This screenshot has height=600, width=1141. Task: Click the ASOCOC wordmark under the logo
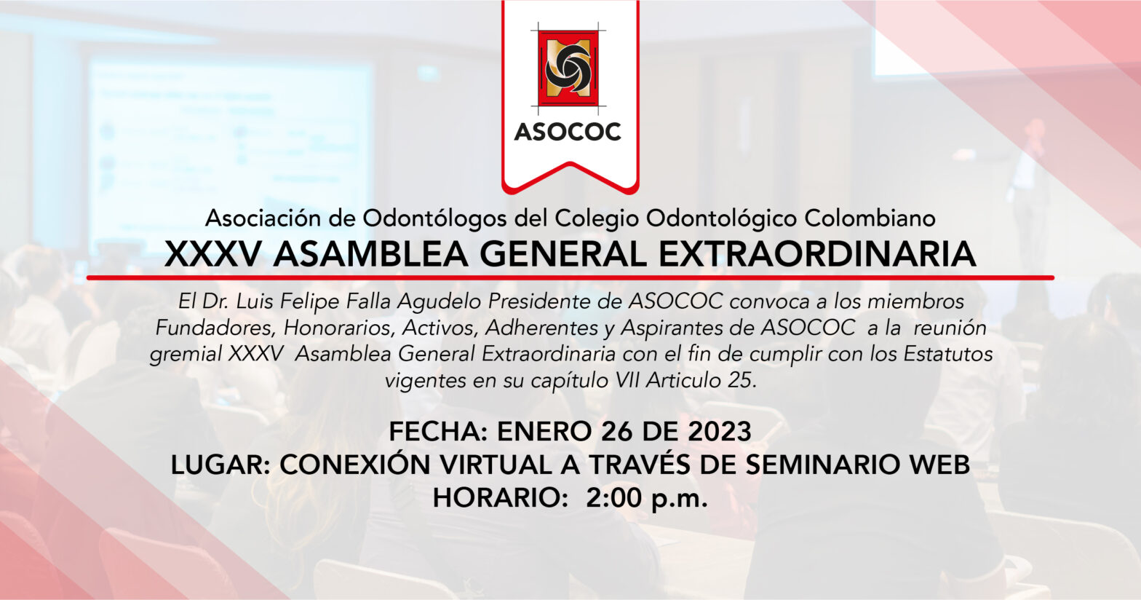568,132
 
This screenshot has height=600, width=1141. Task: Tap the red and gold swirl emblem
568,68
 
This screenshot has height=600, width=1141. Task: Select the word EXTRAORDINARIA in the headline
817,254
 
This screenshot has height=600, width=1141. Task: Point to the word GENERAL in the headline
563,254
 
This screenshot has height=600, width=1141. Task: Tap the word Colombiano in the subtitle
870,218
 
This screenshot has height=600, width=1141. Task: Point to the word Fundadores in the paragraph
215,328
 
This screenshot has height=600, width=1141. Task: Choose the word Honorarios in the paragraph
339,328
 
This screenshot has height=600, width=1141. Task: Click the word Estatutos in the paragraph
948,354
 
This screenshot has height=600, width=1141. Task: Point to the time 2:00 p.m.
647,498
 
